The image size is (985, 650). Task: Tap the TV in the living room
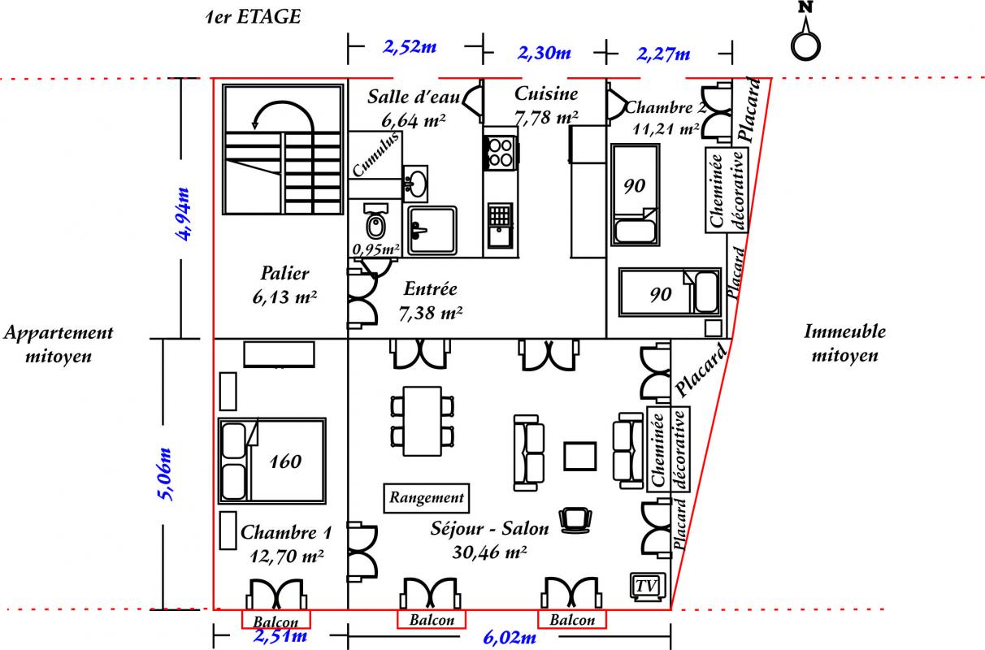tap(647, 587)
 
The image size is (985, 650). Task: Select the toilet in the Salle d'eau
tap(376, 222)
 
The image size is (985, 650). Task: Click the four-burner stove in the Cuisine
tap(501, 153)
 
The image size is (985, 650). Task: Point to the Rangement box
tap(427, 498)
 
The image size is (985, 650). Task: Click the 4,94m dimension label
tap(183, 214)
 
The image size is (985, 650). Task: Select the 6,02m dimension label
tap(510, 637)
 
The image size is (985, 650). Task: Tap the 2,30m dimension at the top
tap(545, 53)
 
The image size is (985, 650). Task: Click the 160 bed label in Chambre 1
tap(285, 461)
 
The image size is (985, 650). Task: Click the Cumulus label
tap(376, 154)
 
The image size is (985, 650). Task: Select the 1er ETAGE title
tap(254, 17)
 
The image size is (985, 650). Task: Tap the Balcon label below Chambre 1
tap(276, 622)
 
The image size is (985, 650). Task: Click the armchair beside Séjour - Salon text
tap(575, 520)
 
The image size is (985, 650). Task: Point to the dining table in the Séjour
tap(422, 421)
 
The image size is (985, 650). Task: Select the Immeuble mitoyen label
tap(844, 343)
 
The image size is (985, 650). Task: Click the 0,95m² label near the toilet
tap(376, 249)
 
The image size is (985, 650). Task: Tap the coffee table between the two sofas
tap(580, 456)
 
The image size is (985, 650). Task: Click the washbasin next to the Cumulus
tap(415, 184)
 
